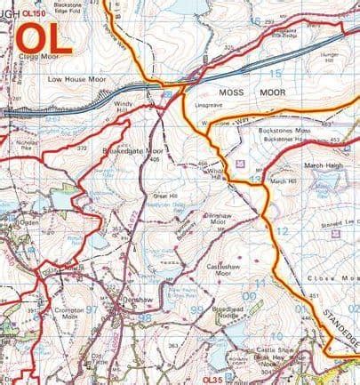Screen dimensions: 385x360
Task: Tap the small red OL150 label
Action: (33, 13)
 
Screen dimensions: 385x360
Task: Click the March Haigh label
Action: (324, 164)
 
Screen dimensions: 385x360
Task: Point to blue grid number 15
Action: (276, 73)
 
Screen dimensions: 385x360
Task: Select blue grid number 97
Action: (92, 309)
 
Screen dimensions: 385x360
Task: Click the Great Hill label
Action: (166, 196)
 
